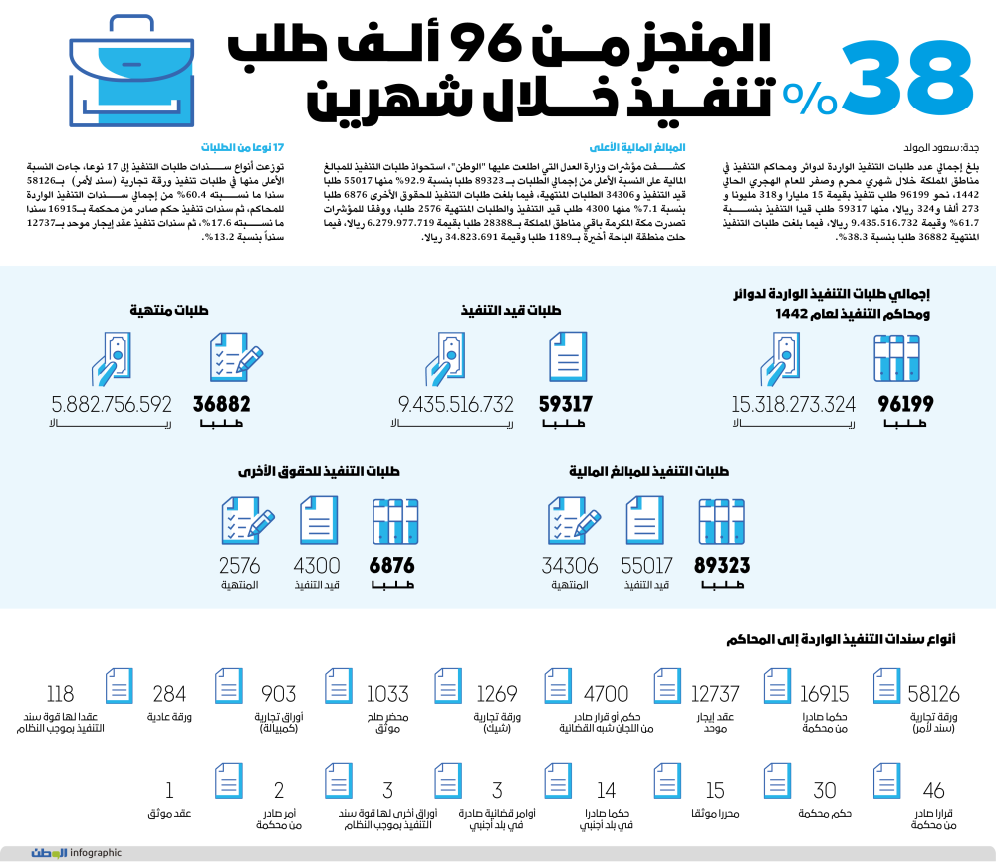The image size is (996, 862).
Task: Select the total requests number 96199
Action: pos(905,404)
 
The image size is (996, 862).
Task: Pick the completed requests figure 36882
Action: pos(221,404)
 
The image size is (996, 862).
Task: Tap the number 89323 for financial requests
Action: pos(722,566)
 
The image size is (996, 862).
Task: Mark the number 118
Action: pos(61,694)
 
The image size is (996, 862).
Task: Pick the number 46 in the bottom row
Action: pos(933,791)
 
